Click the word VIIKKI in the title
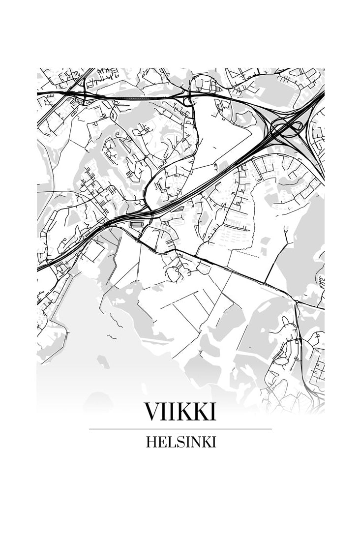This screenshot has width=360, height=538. click(180, 412)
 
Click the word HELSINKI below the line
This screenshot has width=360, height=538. click(180, 442)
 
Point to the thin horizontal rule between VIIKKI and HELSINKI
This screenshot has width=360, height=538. click(180, 429)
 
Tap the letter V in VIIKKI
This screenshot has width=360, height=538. click(151, 412)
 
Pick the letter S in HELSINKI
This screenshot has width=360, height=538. click(179, 442)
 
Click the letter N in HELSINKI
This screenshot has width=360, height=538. click(195, 442)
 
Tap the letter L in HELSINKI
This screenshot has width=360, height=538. click(170, 442)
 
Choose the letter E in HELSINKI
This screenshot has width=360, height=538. click(161, 442)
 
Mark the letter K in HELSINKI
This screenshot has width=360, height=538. click(206, 442)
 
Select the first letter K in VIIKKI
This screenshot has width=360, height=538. click(182, 412)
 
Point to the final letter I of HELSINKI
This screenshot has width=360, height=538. click(214, 442)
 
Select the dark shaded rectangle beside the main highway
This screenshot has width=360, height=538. click(136, 224)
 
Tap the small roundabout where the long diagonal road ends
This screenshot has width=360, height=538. click(297, 300)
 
